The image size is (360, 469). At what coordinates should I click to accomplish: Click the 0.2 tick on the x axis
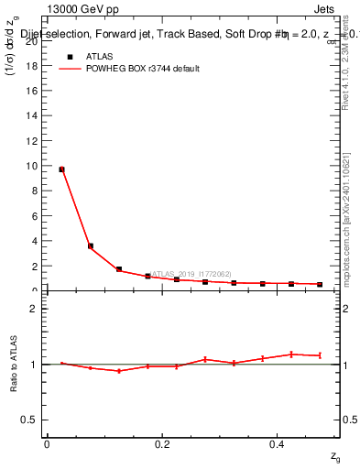coord(162,444)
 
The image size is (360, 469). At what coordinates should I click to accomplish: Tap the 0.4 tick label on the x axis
coord(278,444)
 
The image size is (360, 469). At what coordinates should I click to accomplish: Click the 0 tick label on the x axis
coord(47,444)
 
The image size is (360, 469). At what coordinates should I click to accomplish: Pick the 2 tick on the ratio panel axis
coord(34,309)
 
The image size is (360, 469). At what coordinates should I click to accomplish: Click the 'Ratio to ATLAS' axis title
coord(14,364)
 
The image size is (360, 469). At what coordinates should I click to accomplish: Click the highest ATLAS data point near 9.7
coord(61,169)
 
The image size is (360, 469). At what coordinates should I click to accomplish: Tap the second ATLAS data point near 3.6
coord(90,245)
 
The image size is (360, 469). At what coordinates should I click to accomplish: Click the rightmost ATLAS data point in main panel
coord(320,285)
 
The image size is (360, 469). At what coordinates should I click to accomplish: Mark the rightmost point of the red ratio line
coord(320,355)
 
